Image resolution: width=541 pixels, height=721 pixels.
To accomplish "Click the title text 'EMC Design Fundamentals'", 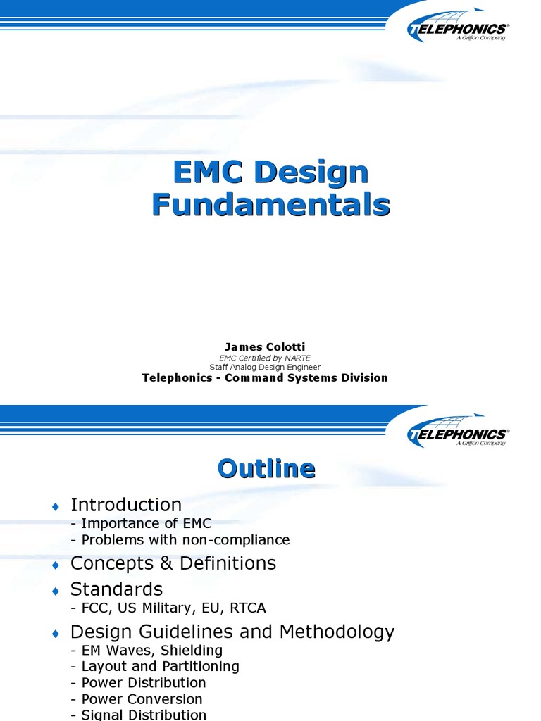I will (271, 189).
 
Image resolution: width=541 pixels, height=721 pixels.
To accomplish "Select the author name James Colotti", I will (265, 346).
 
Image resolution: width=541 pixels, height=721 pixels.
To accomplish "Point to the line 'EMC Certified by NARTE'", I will (265, 357).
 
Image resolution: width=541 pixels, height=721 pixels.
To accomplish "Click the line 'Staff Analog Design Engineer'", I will (265, 367).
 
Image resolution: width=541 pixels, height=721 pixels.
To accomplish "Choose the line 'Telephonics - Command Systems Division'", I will (265, 377).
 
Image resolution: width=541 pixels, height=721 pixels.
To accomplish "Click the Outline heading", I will (266, 469).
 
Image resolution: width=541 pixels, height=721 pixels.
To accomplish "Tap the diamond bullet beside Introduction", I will (56, 506).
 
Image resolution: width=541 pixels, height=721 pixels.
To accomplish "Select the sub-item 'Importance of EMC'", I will (146, 523).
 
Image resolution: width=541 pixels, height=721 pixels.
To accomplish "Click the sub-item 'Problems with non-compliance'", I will (185, 540).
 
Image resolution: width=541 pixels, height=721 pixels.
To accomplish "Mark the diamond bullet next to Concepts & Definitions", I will (56, 565).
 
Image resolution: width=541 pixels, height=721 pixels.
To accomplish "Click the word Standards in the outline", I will (116, 589).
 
